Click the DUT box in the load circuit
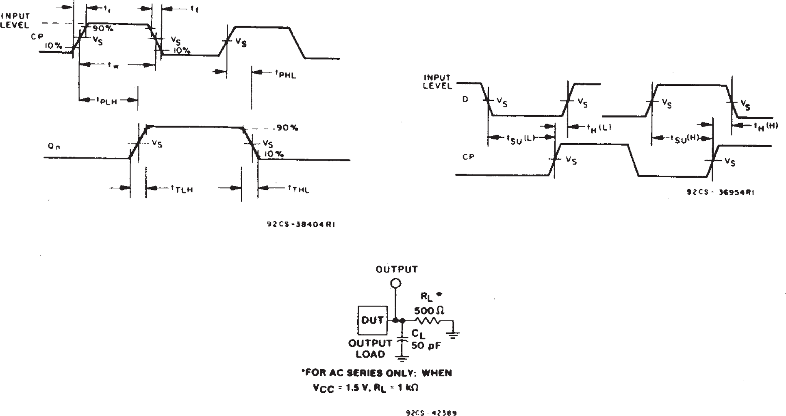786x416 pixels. click(x=372, y=320)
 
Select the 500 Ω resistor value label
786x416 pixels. click(x=429, y=311)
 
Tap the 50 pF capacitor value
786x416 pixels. click(x=426, y=346)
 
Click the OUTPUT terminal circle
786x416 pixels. click(x=395, y=283)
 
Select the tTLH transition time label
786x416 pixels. click(x=182, y=189)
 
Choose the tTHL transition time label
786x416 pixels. click(x=298, y=189)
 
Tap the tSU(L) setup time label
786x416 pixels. click(x=520, y=139)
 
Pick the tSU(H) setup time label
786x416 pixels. click(x=684, y=139)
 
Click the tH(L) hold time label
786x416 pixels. click(x=598, y=128)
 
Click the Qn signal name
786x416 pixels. click(x=54, y=147)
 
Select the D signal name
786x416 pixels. click(x=465, y=99)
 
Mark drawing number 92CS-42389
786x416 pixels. click(x=431, y=413)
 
